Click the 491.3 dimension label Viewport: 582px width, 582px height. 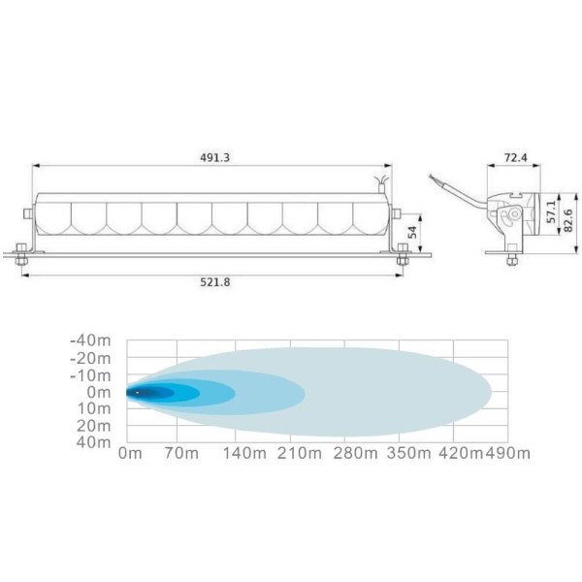point(215,158)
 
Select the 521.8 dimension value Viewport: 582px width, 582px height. point(215,282)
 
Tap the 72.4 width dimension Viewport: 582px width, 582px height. point(516,158)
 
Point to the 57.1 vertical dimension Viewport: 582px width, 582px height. point(552,211)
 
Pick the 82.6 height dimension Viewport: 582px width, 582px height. point(568,220)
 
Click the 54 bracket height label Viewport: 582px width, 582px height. point(412,233)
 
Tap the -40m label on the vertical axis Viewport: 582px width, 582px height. point(90,340)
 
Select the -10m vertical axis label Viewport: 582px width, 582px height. point(90,375)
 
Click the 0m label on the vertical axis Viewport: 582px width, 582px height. point(99,392)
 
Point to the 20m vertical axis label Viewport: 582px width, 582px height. point(94,426)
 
